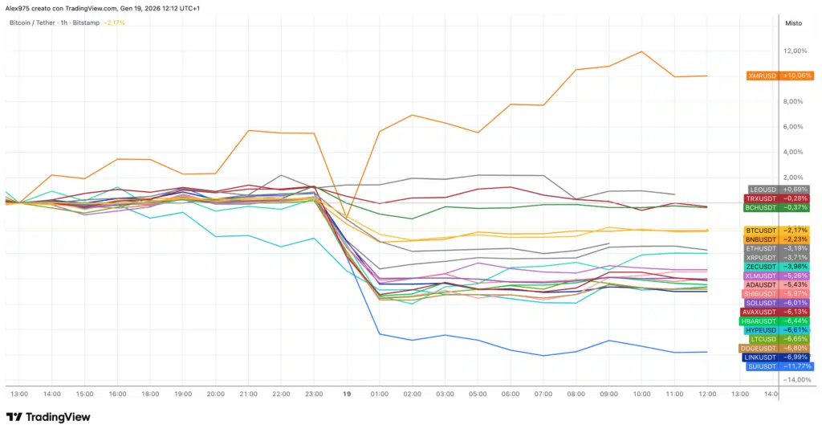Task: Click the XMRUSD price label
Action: (x=779, y=76)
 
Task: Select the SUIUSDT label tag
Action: (x=779, y=366)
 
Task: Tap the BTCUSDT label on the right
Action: (x=779, y=231)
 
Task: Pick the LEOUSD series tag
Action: (x=779, y=189)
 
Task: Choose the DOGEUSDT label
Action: (x=779, y=348)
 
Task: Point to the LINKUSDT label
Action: (x=779, y=357)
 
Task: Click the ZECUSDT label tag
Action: (x=779, y=267)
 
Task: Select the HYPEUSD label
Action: (x=779, y=329)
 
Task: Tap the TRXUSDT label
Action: (x=779, y=198)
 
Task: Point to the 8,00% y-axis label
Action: (x=795, y=102)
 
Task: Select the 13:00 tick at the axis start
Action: (x=18, y=394)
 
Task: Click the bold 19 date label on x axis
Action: (x=347, y=394)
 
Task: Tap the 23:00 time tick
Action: (x=314, y=394)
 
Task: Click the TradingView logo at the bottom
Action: (x=48, y=417)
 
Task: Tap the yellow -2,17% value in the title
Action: (x=115, y=22)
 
